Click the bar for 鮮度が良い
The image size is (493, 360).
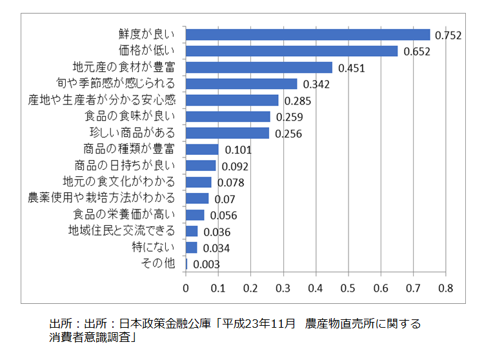pyautogui.click(x=308, y=35)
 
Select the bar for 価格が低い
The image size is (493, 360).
pyautogui.click(x=292, y=51)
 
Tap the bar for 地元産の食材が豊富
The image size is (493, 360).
pyautogui.click(x=259, y=67)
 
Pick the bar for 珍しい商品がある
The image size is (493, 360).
pyautogui.click(x=227, y=133)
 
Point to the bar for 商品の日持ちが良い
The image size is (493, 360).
pyautogui.click(x=201, y=166)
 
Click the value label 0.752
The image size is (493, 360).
pyautogui.click(x=448, y=35)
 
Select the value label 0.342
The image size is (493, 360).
pyautogui.click(x=316, y=85)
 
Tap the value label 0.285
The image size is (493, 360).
pyautogui.click(x=297, y=101)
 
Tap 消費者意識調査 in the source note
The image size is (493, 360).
pyautogui.click(x=89, y=337)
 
